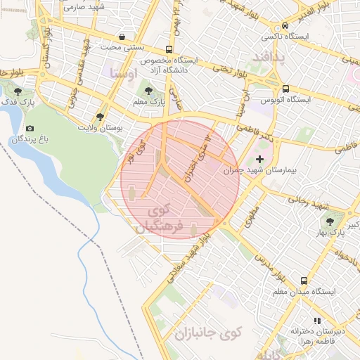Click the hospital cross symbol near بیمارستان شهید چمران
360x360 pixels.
point(261,160)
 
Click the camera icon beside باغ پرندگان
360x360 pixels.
point(30,129)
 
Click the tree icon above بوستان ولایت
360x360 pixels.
point(100,117)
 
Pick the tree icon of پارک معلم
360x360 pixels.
point(148,91)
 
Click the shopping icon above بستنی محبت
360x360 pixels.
point(123,37)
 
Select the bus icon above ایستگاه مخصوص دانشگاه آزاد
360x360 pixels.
point(169,49)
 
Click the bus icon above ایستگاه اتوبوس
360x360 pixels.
point(285,89)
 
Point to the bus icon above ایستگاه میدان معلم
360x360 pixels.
point(304,280)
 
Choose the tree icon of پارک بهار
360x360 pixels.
point(349,219)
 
